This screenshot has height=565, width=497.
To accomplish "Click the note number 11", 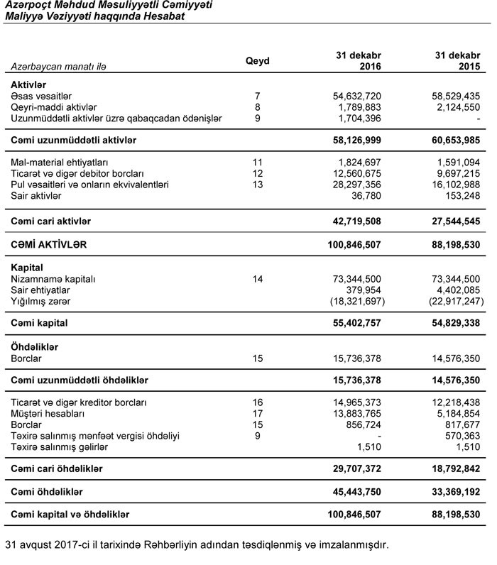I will pyautogui.click(x=257, y=163).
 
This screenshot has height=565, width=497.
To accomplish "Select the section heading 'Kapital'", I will pyautogui.click(x=28, y=268).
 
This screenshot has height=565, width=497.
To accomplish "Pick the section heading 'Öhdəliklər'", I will pyautogui.click(x=35, y=347).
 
